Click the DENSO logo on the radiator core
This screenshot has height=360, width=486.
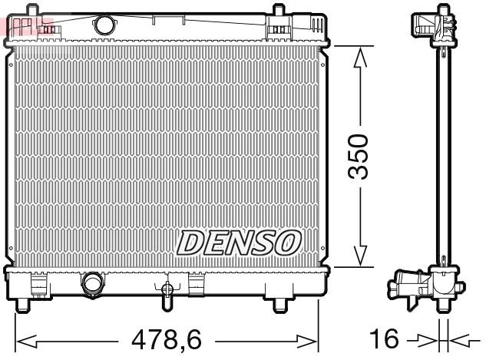point(236,243)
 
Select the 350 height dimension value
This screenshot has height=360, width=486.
point(358,157)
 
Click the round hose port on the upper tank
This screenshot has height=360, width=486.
point(103,24)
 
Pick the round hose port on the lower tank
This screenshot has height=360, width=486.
point(93,283)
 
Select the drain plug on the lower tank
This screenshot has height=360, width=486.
point(165,291)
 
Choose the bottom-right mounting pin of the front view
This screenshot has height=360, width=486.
point(279,306)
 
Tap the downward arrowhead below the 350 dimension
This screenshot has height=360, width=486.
point(358,257)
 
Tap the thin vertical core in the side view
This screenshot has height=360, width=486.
point(443,154)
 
